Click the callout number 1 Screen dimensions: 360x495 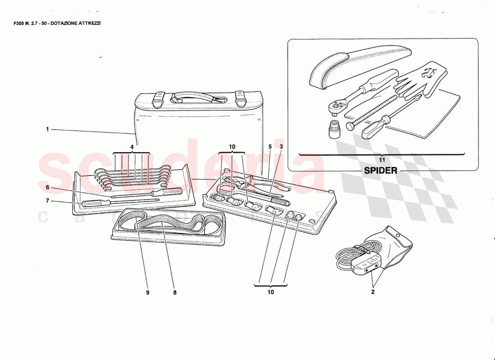pyautogui.click(x=47, y=129)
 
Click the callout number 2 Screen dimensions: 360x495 pyautogui.click(x=373, y=291)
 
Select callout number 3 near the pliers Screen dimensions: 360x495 pyautogui.click(x=281, y=147)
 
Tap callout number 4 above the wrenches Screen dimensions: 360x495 pyautogui.click(x=132, y=147)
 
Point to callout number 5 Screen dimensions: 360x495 pyautogui.click(x=270, y=147)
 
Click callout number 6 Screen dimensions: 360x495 pyautogui.click(x=47, y=188)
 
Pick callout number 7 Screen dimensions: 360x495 pyautogui.click(x=47, y=201)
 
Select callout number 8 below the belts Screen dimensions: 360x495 pyautogui.click(x=175, y=292)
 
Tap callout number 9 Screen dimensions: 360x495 pyautogui.click(x=147, y=292)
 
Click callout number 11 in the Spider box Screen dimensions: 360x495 pyautogui.click(x=382, y=160)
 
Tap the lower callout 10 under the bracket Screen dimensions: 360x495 pyautogui.click(x=270, y=292)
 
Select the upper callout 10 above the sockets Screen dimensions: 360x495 pyautogui.click(x=232, y=147)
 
